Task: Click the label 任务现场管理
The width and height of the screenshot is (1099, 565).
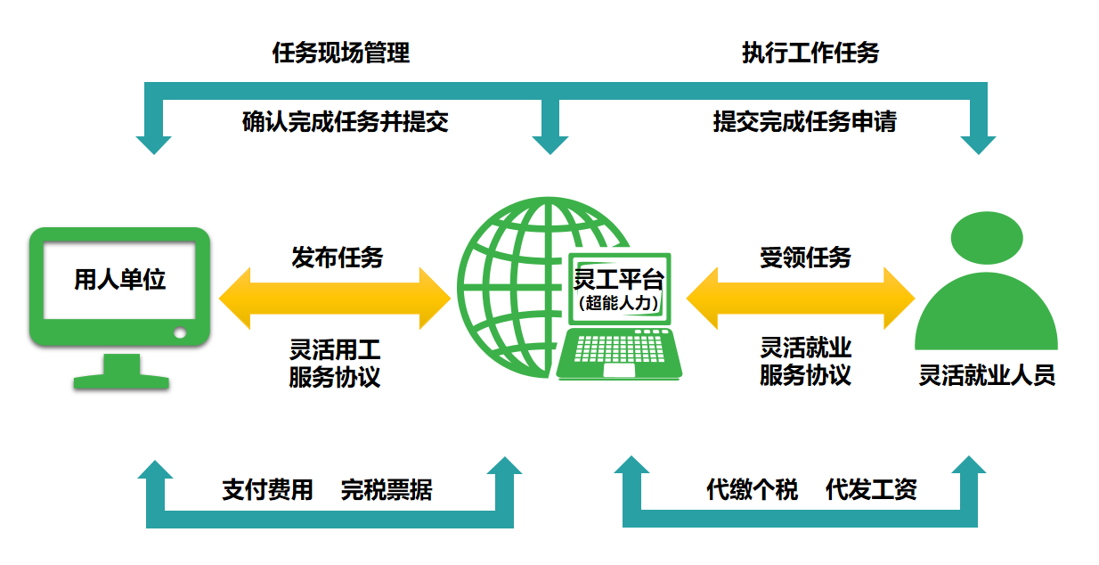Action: point(341,53)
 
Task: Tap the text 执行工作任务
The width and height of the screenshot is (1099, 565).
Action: point(810,53)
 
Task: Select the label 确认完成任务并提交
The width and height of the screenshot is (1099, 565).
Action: point(345,122)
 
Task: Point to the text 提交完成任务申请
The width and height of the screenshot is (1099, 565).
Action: point(804,122)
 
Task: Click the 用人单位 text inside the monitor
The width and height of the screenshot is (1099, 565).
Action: point(120,280)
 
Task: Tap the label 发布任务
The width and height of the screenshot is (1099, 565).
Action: point(337,258)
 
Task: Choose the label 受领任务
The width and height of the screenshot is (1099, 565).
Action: point(805,258)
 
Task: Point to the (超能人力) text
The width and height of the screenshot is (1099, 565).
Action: point(619,303)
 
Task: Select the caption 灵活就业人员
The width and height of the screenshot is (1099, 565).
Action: point(987,375)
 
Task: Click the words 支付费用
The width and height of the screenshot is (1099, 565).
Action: point(267,489)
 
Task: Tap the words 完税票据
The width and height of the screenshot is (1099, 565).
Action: point(387,489)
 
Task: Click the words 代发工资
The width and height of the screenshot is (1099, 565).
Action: point(871,489)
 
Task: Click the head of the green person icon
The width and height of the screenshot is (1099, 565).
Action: point(986,238)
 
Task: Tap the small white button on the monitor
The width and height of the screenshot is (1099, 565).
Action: point(180,333)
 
